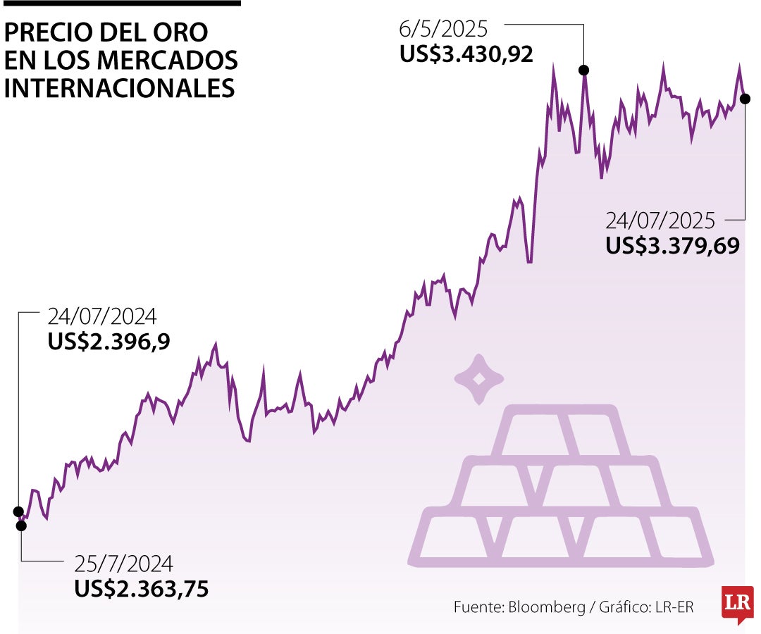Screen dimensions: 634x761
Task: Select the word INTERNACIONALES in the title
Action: [120, 89]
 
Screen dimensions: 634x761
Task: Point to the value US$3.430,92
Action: [466, 54]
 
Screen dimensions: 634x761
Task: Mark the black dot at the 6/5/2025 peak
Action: [583, 70]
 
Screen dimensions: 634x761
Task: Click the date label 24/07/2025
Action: [660, 221]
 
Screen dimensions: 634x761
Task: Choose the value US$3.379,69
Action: [672, 246]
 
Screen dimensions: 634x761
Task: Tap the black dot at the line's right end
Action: [745, 99]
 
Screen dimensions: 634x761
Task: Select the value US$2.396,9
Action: [109, 342]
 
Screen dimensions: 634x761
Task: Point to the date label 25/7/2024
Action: [123, 564]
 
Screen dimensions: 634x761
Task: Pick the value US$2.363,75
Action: [142, 589]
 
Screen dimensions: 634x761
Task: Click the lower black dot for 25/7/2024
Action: [21, 525]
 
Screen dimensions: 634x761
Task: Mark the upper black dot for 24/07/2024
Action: [18, 511]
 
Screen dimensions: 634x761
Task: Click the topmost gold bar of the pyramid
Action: [561, 431]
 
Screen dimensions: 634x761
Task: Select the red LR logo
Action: [737, 603]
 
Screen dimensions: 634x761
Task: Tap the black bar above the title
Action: [121, 4]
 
